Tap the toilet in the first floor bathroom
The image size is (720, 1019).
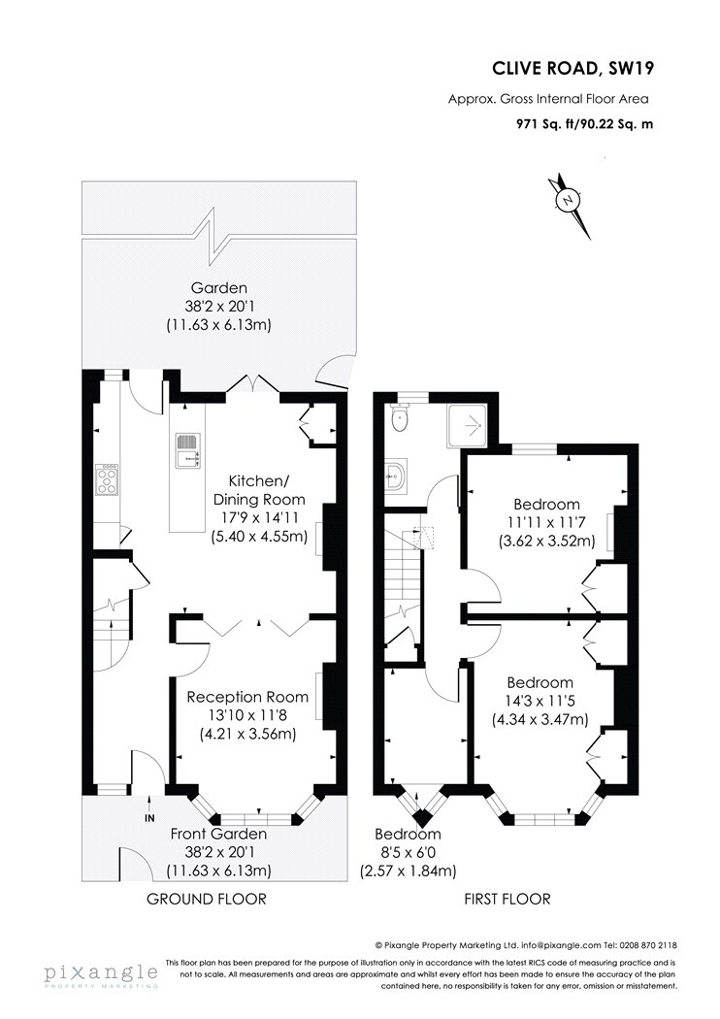tap(401, 417)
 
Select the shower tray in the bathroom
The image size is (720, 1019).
tap(467, 425)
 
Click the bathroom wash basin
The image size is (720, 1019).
tap(394, 477)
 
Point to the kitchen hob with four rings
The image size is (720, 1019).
tap(107, 479)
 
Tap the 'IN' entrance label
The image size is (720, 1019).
tap(149, 817)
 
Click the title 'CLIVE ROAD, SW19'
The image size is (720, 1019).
tap(573, 68)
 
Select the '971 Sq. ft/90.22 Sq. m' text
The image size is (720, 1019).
tap(584, 123)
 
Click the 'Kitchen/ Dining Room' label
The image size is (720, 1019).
tap(259, 490)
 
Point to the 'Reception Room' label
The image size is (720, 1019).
tap(247, 698)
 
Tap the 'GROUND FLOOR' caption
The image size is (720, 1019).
tap(207, 900)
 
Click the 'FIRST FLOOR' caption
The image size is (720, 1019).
tap(507, 900)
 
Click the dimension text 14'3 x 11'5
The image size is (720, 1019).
tap(540, 702)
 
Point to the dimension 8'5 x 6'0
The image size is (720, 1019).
tap(409, 853)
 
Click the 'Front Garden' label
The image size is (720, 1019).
tap(219, 834)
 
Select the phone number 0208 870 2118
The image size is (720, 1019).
tap(650, 945)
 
